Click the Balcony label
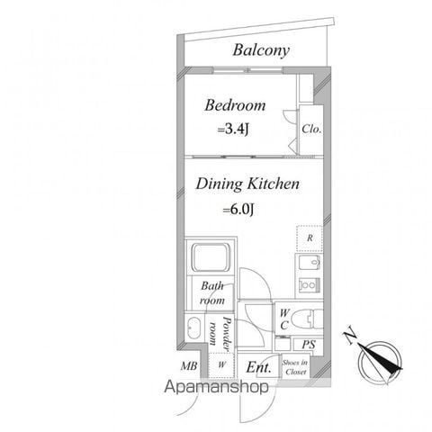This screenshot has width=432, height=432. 261,50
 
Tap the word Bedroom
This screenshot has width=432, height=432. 235,105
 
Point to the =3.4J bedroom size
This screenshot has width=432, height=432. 233,130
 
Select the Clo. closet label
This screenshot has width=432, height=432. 311,129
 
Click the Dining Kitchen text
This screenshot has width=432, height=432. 247,184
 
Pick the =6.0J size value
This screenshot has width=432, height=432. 238,209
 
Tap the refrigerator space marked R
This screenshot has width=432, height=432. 310,238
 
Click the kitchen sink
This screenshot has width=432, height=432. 310,264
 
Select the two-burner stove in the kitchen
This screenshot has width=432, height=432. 309,284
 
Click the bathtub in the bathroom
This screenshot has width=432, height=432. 211,257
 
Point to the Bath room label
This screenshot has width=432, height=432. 212,292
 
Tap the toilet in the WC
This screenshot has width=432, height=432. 307,319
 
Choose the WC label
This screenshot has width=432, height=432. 283,319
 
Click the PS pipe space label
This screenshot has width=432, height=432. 309,345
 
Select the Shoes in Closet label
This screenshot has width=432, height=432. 295,367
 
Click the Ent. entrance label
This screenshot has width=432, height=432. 258,367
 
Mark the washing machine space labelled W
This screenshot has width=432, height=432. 221,364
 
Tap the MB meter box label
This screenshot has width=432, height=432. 189,366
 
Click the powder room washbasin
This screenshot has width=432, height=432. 193,328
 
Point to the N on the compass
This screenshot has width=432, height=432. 350,337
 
